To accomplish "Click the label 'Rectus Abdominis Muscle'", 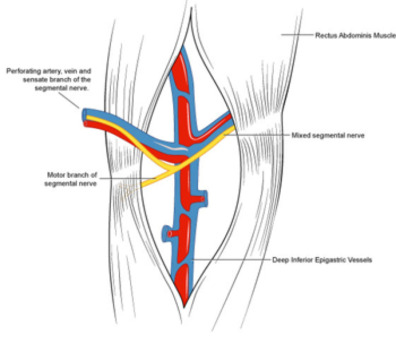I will pyautogui.click(x=355, y=35).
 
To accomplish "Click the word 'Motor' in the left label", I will pyautogui.click(x=56, y=175).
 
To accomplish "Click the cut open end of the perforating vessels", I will pyautogui.click(x=86, y=117).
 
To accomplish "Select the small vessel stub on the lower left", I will pyautogui.click(x=167, y=231).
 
